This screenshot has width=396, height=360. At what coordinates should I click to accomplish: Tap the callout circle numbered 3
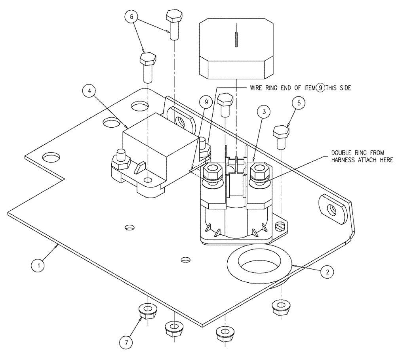click(264, 112)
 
